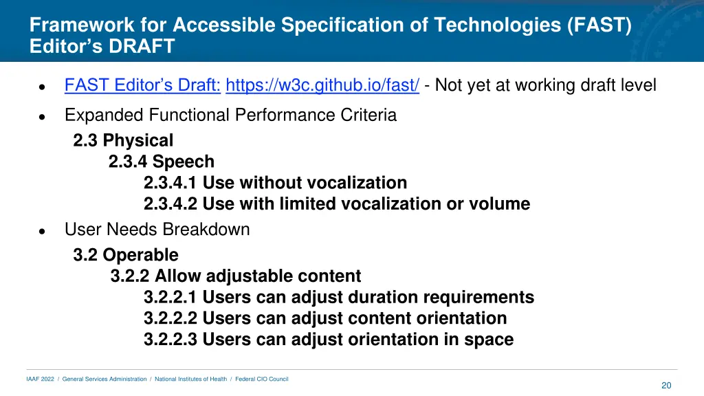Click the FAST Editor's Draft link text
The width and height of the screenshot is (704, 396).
click(142, 85)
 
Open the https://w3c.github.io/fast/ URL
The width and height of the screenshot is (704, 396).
click(322, 85)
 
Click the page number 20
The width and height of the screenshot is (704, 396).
click(665, 386)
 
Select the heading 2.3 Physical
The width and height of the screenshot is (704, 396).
click(123, 141)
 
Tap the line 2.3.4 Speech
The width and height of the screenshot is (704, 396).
click(162, 162)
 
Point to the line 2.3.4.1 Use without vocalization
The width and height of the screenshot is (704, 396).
click(275, 184)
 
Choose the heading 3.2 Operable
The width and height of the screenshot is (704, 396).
click(126, 255)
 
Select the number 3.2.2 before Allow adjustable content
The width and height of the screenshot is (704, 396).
click(130, 276)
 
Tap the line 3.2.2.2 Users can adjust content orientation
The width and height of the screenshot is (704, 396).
click(325, 319)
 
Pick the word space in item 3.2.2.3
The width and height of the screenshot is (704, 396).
click(491, 340)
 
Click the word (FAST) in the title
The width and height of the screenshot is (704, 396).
click(599, 25)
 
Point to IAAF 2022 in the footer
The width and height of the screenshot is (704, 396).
click(40, 379)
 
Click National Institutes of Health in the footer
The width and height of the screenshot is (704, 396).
click(190, 379)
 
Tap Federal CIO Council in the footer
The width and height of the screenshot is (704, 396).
click(262, 379)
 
